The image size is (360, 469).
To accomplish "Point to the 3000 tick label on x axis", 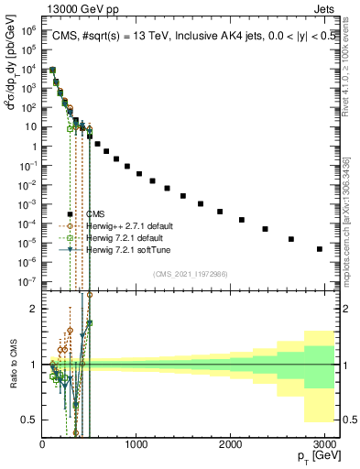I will [323, 445].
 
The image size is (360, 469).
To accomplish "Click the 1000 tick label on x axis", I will [136, 445].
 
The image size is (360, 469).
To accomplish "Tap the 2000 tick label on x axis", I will [230, 445].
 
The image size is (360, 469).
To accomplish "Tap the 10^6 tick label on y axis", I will [27, 30].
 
